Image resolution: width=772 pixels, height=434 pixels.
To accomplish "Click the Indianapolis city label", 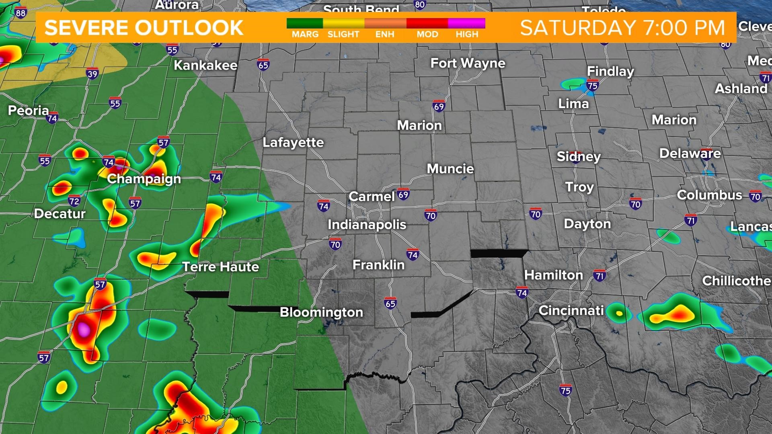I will point(367,224).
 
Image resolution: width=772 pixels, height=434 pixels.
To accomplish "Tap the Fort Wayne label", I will point(468,63).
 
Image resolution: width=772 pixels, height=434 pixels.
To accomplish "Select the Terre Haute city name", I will point(221,267).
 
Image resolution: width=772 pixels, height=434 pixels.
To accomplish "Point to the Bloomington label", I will point(321,312).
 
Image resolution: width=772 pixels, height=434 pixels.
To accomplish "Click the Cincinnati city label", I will point(571,310).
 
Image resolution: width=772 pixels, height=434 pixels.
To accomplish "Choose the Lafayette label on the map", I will point(293,142).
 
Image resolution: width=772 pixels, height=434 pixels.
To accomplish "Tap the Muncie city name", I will point(450,169).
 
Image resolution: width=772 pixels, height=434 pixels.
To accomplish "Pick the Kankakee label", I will point(205,65).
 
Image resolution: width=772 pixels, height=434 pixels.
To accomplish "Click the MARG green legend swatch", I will point(305,23).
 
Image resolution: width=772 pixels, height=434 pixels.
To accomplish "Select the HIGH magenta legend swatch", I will point(466,23).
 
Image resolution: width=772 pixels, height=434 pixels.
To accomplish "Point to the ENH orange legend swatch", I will point(385,23).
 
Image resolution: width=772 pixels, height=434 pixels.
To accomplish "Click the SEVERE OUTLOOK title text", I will point(144,27).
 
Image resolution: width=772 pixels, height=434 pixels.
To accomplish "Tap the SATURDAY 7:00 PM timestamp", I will point(622,27).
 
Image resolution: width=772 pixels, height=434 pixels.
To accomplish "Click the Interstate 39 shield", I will point(92,74).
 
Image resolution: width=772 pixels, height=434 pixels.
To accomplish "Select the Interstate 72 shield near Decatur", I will point(74,201).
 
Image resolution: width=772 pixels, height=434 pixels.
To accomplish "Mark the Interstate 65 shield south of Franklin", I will point(390,303).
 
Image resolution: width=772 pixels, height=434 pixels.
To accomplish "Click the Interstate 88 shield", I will point(20,12).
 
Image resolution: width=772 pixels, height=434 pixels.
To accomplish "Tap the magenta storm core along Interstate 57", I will point(84,329).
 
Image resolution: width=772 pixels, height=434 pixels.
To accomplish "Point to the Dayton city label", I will point(587,224).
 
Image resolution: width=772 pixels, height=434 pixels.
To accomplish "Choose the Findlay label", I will point(610,71).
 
